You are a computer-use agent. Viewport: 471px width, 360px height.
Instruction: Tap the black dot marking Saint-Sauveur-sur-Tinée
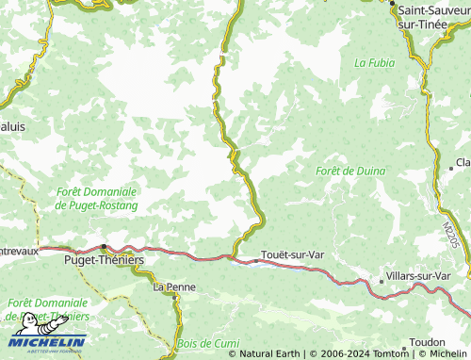point(393,5)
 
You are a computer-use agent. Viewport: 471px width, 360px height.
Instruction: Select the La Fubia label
point(372,63)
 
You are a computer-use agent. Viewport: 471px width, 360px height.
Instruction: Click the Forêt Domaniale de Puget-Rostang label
point(97,198)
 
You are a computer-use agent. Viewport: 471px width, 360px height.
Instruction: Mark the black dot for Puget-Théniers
point(103,247)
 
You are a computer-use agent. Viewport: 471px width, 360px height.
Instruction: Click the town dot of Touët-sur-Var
point(252,255)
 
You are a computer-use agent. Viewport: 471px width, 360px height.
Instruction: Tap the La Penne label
point(172,286)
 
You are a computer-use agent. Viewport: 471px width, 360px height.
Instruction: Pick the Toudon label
point(428,342)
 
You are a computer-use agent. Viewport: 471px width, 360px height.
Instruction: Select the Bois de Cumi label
point(208,343)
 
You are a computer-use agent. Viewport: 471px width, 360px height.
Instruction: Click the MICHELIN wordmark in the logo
point(47,341)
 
